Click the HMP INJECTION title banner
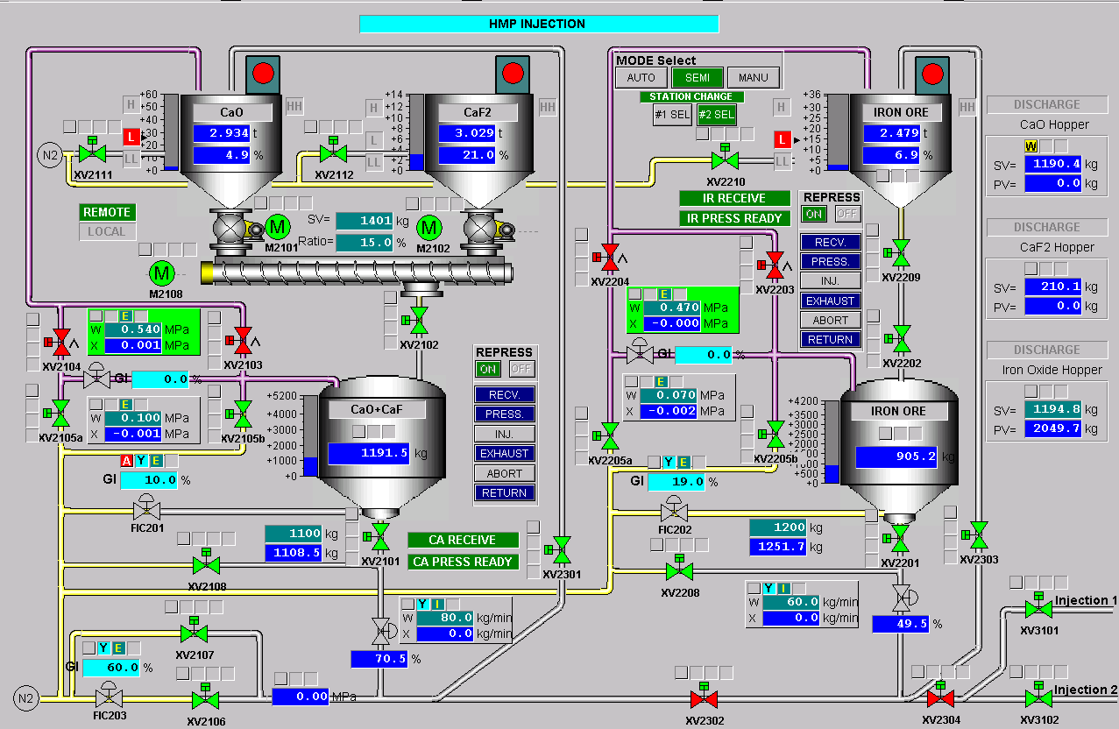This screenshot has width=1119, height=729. click(538, 24)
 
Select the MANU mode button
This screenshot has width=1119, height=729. click(753, 78)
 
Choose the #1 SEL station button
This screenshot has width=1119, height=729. click(672, 115)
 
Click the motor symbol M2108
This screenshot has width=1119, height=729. click(162, 272)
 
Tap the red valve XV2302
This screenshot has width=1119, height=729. click(705, 699)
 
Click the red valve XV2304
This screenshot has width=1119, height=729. click(940, 698)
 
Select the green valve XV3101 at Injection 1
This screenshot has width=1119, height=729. click(1038, 608)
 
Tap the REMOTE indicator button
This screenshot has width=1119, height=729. click(107, 212)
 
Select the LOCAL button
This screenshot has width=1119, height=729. click(107, 231)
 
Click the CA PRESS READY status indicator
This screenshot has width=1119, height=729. click(463, 562)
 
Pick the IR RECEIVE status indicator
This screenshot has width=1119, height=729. click(734, 198)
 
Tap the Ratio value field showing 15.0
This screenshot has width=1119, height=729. click(365, 242)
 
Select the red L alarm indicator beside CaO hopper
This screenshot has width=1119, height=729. click(131, 137)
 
